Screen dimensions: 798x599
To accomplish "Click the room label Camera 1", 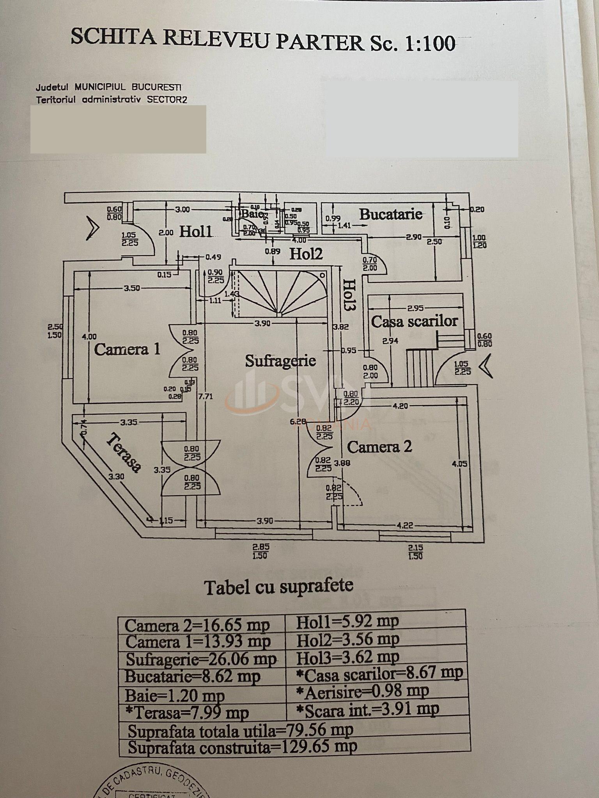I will [x=127, y=349].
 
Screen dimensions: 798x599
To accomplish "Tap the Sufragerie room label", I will [x=280, y=360].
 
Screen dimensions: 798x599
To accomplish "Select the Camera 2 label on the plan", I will [x=379, y=447].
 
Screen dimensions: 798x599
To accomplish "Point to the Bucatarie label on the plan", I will [x=390, y=214].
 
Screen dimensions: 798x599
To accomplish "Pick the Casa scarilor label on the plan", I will [x=414, y=321].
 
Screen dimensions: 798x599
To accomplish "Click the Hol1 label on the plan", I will [x=195, y=232].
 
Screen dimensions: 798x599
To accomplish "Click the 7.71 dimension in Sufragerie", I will [x=206, y=397].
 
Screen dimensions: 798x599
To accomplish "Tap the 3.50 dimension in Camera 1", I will [x=131, y=288].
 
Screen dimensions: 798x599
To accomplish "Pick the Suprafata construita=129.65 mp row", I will [x=242, y=747].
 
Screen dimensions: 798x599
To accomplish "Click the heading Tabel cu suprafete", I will [x=279, y=587].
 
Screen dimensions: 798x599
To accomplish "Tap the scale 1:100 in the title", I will [x=430, y=44].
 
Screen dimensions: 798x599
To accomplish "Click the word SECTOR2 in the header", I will [x=167, y=99].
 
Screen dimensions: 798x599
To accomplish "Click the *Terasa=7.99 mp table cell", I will [x=187, y=713].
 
